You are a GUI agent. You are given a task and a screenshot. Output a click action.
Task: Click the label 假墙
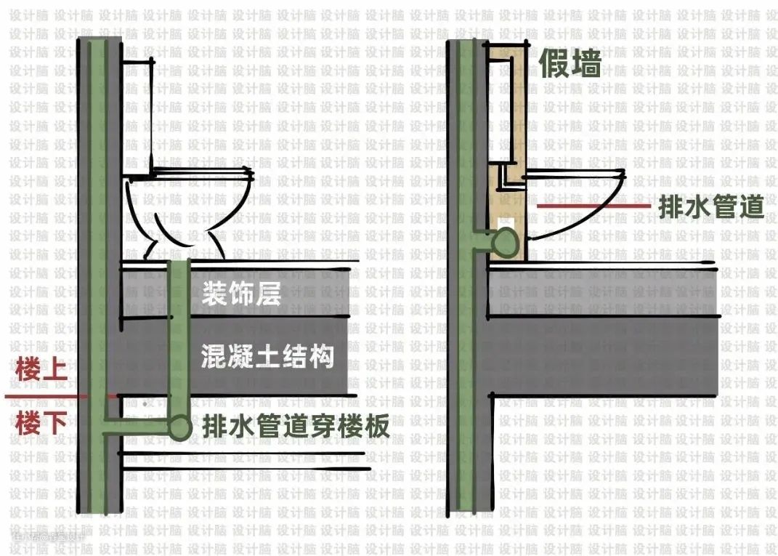(x=570, y=64)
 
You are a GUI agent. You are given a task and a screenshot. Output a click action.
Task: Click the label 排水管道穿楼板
(x=296, y=426)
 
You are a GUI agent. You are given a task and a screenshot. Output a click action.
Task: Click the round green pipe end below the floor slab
(x=179, y=427)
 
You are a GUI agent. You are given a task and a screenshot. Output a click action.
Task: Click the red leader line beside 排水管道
(x=592, y=206)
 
